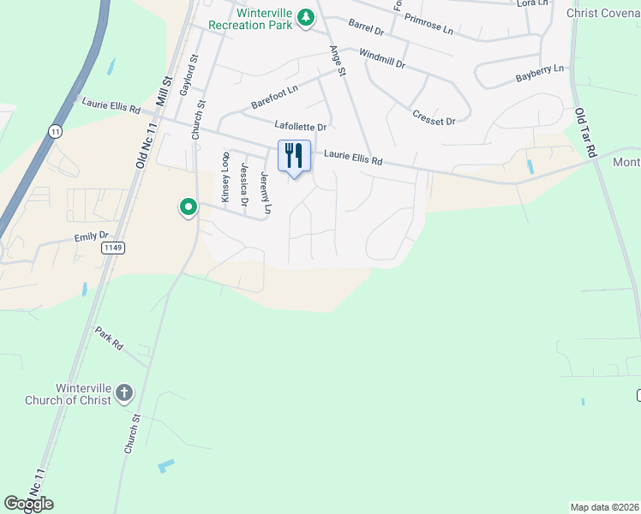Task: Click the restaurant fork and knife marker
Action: (x=294, y=156)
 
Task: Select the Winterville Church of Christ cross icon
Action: (x=123, y=393)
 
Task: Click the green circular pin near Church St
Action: (x=188, y=207)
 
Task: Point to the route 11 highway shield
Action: (x=56, y=131)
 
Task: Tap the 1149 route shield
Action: (x=111, y=248)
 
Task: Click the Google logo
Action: (x=28, y=504)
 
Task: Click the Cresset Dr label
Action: (x=434, y=117)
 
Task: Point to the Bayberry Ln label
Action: (x=540, y=74)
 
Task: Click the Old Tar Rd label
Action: (x=586, y=132)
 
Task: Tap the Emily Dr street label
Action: (x=93, y=236)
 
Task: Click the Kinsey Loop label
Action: (x=226, y=176)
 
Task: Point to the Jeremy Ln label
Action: (x=266, y=194)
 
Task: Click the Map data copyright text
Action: (x=604, y=506)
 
